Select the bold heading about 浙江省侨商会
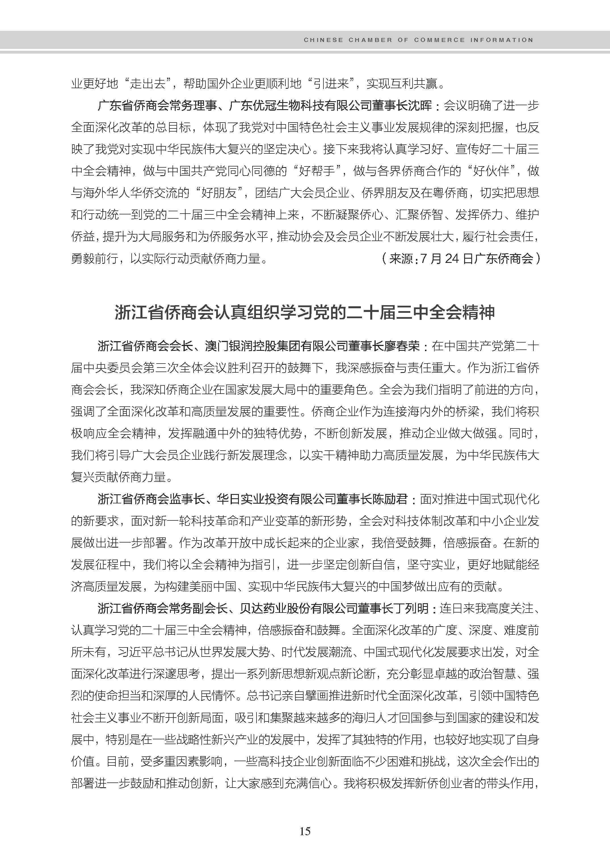tap(305, 313)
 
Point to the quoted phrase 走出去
tap(148, 84)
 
